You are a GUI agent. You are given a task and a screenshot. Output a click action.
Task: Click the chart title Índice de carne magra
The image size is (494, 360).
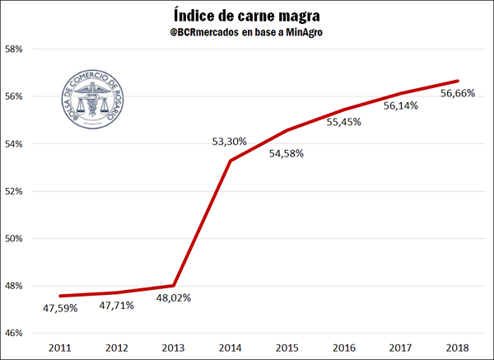247,16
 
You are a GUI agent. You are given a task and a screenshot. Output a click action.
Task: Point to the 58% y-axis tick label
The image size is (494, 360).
21,49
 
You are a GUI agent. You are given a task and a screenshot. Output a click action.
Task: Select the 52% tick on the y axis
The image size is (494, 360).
21,191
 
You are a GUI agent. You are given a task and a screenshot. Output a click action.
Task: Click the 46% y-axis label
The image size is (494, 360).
21,333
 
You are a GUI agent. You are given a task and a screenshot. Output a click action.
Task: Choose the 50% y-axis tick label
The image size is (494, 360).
21,239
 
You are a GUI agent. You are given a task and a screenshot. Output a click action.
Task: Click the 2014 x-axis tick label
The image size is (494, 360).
230,347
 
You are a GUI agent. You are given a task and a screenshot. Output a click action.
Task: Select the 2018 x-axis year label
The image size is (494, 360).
457,347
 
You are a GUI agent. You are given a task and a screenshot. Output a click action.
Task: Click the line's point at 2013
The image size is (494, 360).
174,286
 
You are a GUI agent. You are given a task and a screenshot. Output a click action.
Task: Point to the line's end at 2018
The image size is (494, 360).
458,81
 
